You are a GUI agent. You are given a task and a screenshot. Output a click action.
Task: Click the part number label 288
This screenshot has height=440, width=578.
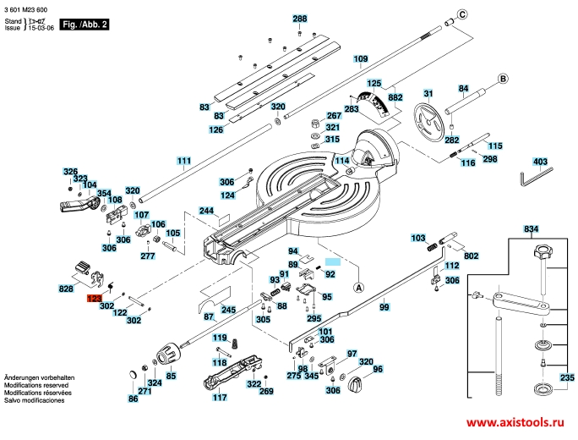[300, 19]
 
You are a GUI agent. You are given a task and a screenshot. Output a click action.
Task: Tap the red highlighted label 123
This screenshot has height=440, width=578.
[93, 299]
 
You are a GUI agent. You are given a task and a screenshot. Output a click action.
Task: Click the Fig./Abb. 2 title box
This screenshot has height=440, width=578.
[85, 25]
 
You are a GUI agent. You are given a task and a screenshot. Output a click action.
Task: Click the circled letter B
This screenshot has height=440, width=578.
[501, 79]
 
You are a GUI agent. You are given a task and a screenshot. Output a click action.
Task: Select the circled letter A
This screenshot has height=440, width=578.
[358, 288]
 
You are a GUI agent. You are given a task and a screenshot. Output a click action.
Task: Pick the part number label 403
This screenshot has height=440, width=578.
[540, 161]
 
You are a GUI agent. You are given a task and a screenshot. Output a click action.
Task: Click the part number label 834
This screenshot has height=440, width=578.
[531, 229]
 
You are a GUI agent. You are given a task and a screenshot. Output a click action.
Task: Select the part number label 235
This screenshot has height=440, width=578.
[566, 377]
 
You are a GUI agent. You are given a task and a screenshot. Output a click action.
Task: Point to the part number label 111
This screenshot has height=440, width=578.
[184, 161]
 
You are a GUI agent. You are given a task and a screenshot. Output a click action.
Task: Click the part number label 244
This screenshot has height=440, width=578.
[206, 210]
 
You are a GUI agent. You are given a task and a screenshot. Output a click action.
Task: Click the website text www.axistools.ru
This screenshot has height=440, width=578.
[515, 421]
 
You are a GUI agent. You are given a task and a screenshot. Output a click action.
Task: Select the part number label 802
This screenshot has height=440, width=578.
[471, 255]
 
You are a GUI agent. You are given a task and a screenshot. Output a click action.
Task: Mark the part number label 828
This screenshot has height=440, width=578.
[66, 289]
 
